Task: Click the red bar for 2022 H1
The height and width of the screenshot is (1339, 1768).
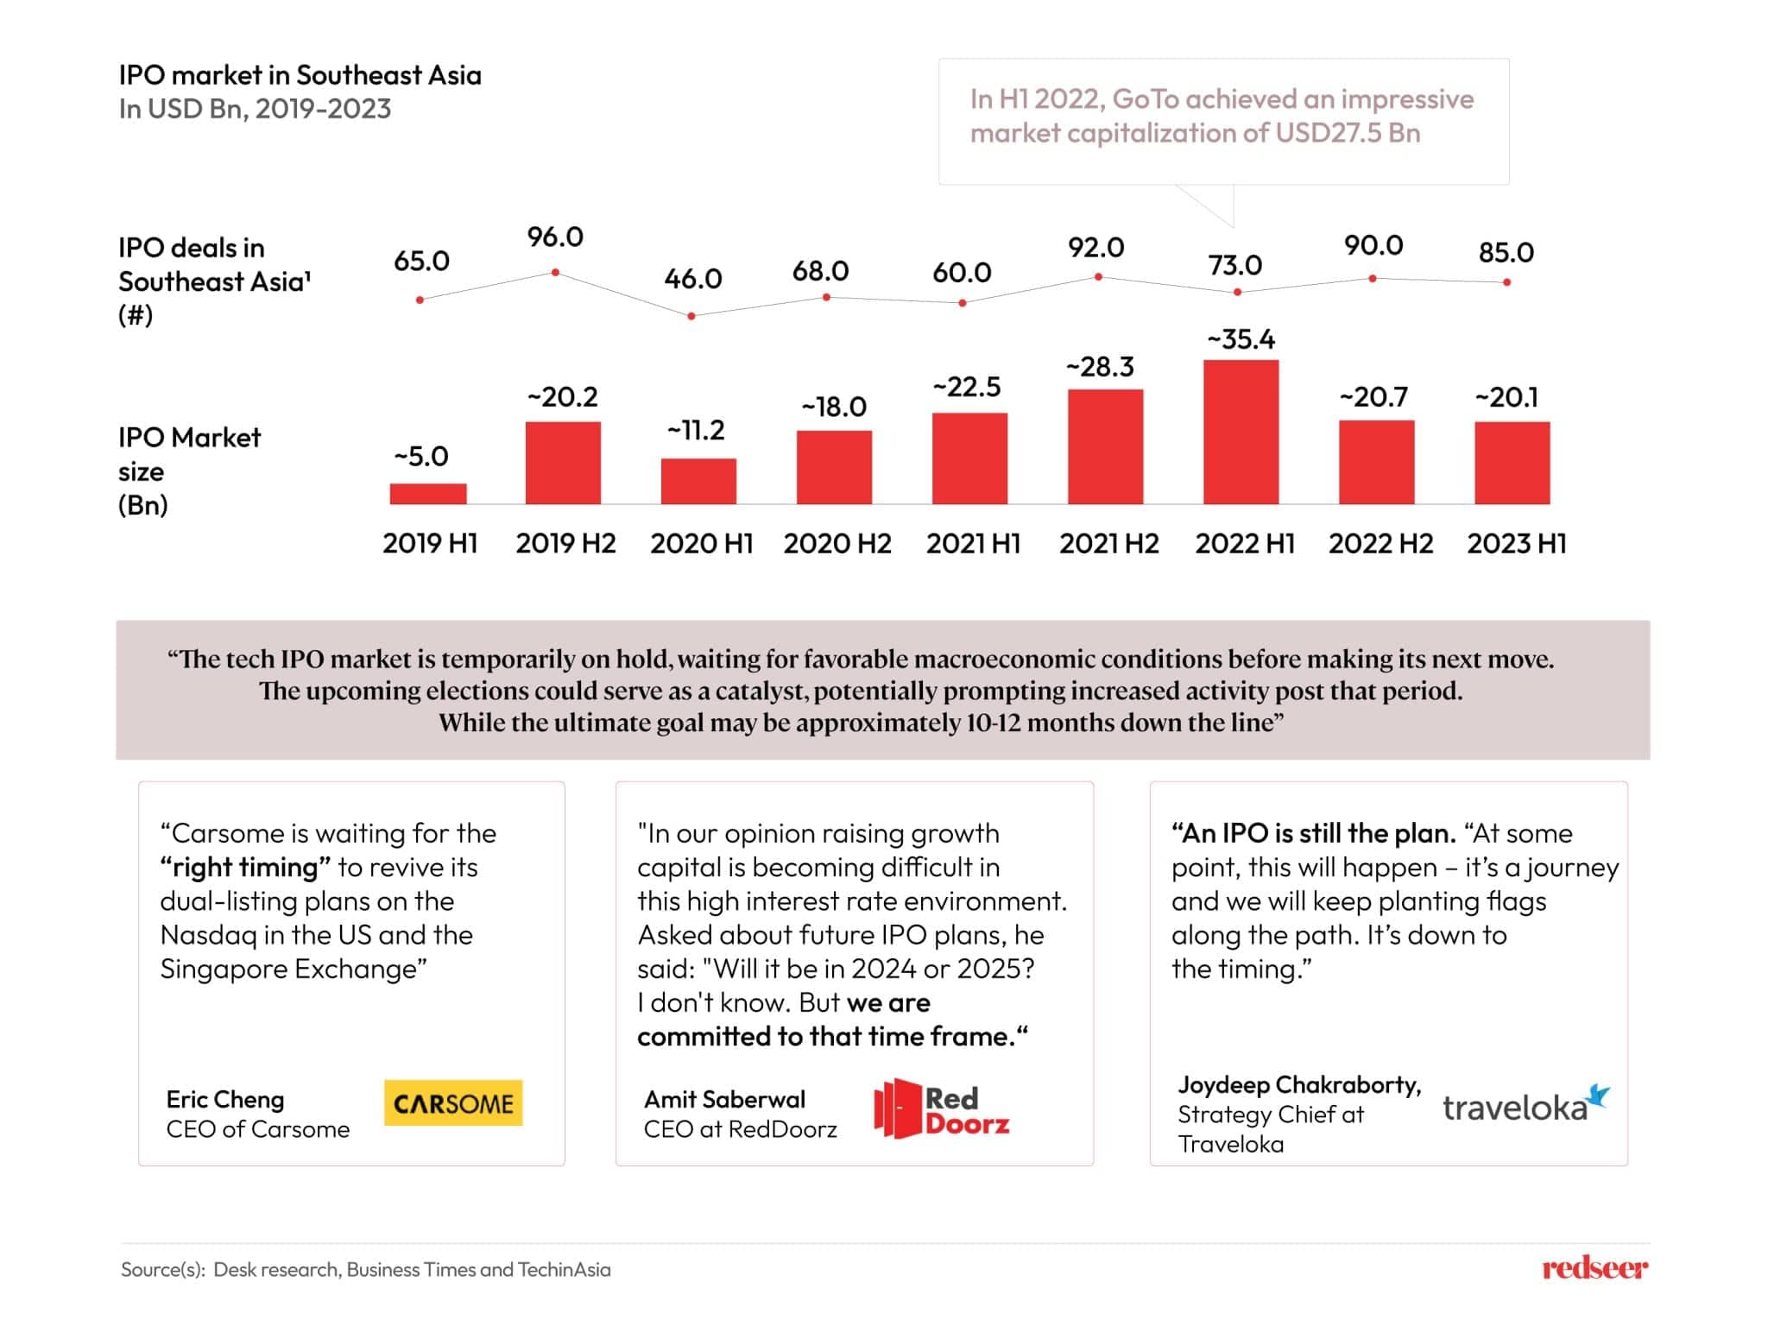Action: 1241,432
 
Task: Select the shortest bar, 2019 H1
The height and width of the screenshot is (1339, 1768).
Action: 428,493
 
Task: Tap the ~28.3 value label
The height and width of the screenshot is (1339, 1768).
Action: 1100,367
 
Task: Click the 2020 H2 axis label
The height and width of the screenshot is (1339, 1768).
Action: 837,543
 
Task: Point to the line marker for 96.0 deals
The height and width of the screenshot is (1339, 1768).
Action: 555,272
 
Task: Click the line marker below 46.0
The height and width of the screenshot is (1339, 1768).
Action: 691,316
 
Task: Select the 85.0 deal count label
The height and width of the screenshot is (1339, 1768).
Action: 1506,252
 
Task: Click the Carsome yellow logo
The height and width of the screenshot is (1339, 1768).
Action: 453,1103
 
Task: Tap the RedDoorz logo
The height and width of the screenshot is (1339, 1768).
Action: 942,1108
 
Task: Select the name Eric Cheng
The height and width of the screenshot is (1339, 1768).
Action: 225,1099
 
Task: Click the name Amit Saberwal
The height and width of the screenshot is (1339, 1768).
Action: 724,1099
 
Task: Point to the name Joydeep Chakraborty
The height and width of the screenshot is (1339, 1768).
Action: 1298,1084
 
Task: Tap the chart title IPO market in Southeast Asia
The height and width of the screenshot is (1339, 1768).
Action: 300,75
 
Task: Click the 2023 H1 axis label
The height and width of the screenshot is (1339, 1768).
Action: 1516,543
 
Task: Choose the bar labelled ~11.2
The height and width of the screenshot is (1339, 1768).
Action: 698,481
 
